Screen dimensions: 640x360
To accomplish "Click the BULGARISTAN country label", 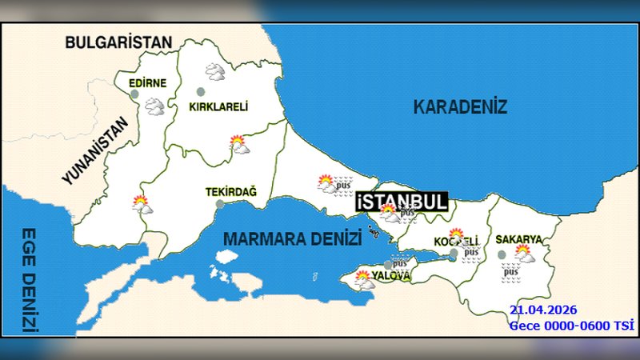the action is pos(119,42).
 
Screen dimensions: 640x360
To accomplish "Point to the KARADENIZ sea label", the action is pos(460,106).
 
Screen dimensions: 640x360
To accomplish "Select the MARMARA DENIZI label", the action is pos(292,238).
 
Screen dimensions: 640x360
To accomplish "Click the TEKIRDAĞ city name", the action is pos(231,191).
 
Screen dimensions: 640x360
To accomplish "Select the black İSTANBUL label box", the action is pos(402,202).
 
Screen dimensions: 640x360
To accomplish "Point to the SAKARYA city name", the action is pos(518,239).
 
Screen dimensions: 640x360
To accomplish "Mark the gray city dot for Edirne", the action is pos(134,94).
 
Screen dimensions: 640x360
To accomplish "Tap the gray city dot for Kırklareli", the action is pos(200,91).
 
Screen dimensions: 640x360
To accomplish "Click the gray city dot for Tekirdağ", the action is pos(219,204).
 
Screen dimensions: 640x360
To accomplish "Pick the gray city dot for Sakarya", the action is pos(502,254).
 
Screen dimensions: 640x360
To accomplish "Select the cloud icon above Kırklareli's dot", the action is pos(214,72).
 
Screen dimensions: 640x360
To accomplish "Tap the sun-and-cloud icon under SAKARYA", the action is pos(525,254).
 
